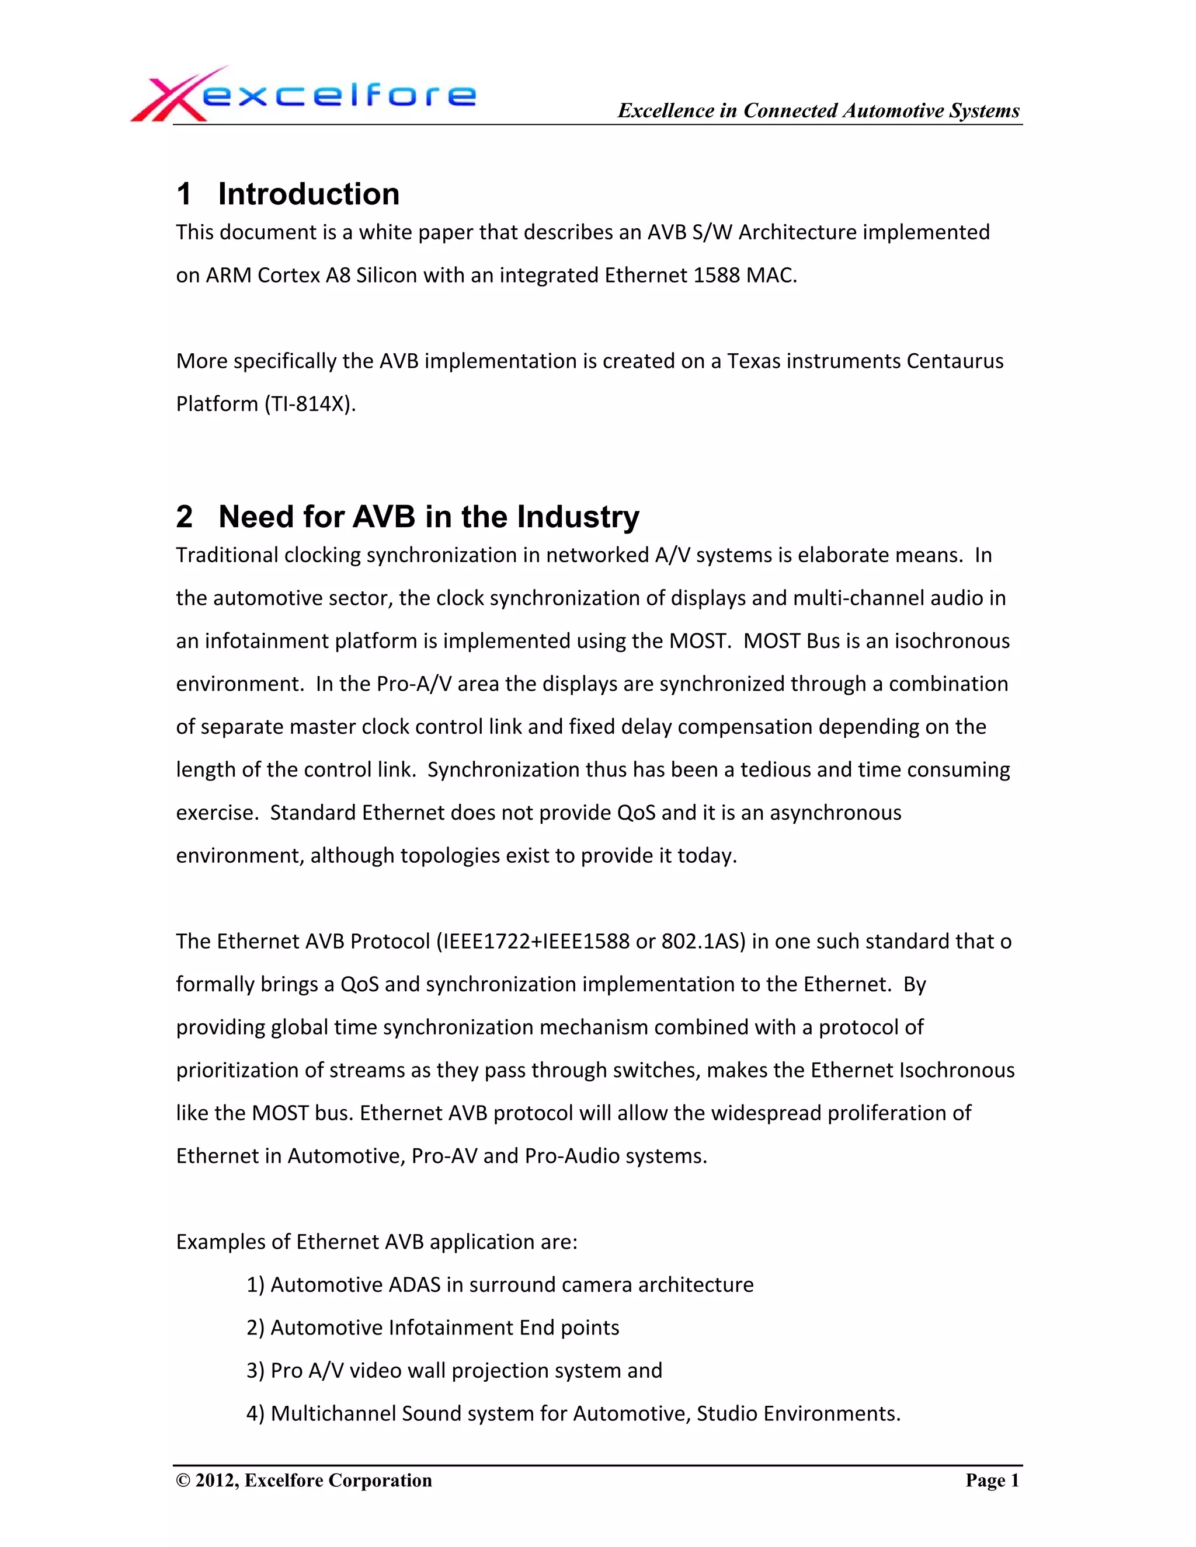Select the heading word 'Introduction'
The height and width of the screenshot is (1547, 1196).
point(308,194)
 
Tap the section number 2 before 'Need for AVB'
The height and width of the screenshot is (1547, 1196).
point(184,517)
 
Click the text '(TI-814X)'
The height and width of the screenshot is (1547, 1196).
point(310,404)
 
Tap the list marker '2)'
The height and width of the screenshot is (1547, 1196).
point(255,1328)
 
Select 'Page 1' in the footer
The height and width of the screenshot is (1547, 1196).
point(992,1480)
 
